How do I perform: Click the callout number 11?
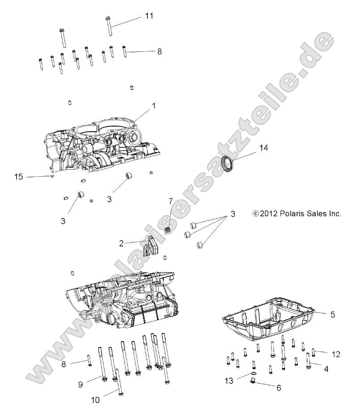click(149, 16)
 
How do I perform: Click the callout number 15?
click(18, 177)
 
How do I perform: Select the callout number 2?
click(121, 243)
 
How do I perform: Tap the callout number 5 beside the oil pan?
click(332, 314)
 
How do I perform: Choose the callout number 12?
click(336, 354)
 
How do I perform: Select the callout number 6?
click(278, 388)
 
